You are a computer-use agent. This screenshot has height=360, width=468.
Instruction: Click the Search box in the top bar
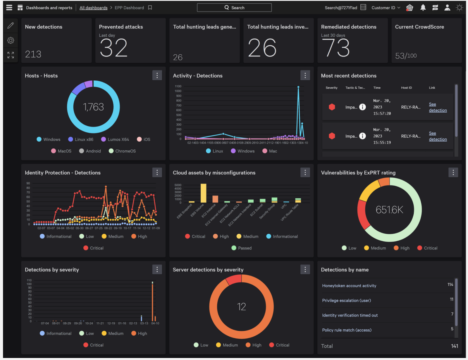234,8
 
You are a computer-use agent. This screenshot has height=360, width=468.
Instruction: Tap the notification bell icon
423,8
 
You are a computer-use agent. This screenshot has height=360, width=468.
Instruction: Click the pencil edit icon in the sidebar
11,26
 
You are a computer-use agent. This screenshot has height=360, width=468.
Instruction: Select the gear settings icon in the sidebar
11,40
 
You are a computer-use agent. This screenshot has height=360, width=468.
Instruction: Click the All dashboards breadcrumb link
93,8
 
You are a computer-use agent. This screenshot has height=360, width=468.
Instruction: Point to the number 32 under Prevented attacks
113,48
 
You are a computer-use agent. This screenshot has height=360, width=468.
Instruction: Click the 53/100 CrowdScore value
406,56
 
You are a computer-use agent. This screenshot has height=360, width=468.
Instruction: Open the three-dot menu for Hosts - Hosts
157,75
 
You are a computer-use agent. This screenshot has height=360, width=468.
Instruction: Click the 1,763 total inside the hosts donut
93,107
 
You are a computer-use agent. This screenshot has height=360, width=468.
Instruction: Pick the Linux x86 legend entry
81,139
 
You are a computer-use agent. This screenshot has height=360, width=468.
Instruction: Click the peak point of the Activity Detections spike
298,87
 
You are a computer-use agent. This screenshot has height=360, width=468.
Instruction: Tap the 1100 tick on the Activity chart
178,86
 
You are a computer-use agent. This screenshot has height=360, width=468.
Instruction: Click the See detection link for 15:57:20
438,107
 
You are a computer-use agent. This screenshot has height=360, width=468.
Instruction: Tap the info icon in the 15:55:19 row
362,136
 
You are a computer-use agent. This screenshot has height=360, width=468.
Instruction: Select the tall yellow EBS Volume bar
203,193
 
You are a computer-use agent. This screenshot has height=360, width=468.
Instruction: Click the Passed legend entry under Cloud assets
242,248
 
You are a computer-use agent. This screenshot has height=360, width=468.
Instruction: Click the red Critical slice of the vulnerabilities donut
362,214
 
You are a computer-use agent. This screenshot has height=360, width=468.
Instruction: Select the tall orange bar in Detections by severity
152,302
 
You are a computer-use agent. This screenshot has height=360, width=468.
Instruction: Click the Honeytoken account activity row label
349,286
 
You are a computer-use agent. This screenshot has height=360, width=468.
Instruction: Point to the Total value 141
454,346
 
